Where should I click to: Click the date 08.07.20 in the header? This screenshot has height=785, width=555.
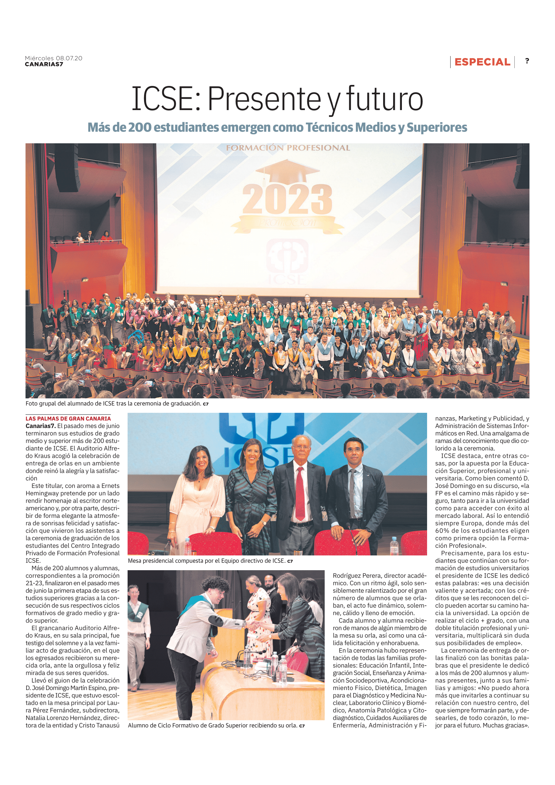click(x=69, y=58)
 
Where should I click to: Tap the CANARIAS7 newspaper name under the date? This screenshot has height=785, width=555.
click(x=44, y=64)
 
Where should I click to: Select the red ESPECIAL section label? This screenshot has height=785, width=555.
click(x=482, y=62)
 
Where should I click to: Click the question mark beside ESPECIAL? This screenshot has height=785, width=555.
click(x=527, y=61)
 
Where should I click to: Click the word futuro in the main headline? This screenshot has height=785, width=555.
click(x=385, y=99)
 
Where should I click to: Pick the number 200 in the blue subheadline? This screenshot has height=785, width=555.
click(x=140, y=128)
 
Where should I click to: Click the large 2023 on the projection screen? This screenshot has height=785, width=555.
click(x=287, y=199)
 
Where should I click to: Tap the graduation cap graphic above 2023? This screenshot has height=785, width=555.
click(x=288, y=170)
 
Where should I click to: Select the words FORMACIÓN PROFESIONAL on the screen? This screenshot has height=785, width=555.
click(x=288, y=148)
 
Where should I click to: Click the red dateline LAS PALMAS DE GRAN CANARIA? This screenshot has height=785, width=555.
click(x=68, y=419)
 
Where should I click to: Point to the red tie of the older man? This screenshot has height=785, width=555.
click(x=299, y=492)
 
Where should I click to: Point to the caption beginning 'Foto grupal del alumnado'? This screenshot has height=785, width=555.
click(x=113, y=403)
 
